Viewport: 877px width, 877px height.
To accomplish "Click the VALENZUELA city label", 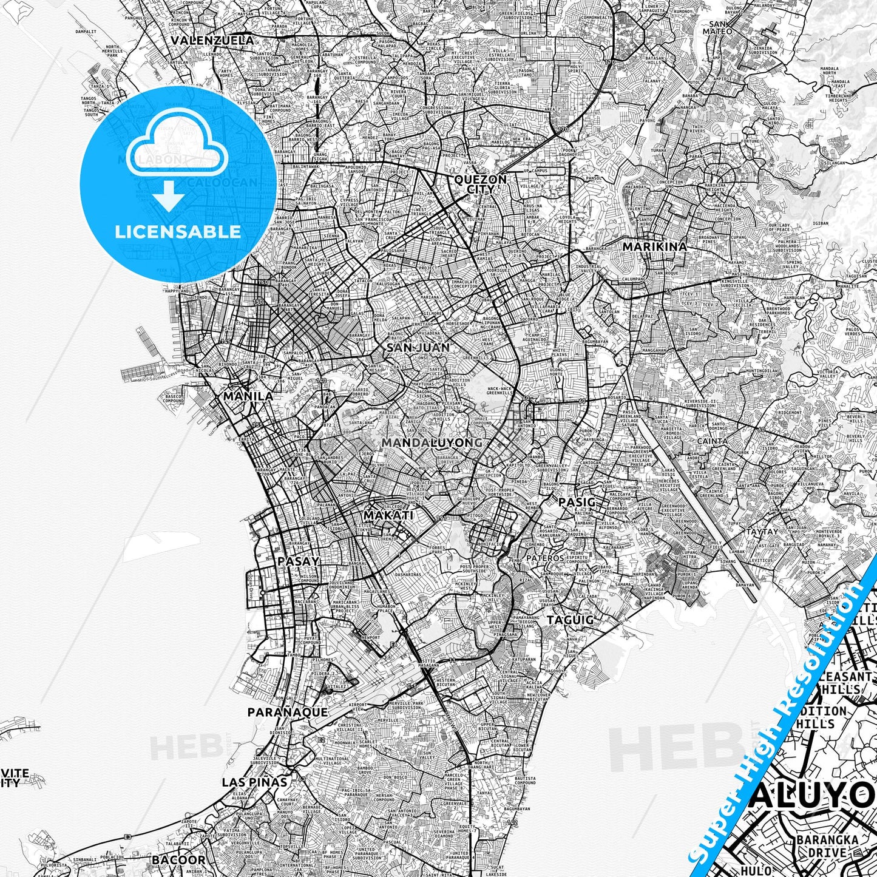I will click(212, 40).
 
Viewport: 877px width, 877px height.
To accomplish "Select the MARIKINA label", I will click(655, 246).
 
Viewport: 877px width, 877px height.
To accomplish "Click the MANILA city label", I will click(248, 396).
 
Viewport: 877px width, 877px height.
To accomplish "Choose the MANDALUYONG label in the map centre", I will click(432, 442).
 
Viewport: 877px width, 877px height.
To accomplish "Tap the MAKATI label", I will click(388, 515).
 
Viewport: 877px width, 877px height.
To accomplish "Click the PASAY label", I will click(298, 561).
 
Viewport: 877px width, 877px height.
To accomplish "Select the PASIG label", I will click(577, 502).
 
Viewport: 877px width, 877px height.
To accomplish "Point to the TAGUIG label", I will click(570, 620).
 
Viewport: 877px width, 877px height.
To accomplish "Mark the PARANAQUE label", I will click(288, 712).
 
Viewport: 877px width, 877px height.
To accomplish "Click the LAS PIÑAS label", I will click(254, 782).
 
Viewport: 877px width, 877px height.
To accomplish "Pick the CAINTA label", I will click(713, 441).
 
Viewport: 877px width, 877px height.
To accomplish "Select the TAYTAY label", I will click(762, 531).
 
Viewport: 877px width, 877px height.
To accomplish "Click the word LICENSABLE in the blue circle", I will click(178, 232).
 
